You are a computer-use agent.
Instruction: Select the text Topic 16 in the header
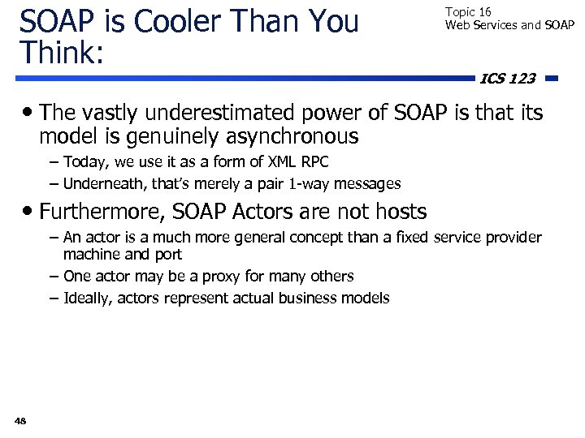[x=468, y=12]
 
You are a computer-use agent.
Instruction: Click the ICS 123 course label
[x=508, y=79]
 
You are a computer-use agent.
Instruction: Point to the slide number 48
[x=20, y=420]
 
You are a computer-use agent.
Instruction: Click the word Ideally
[x=87, y=298]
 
